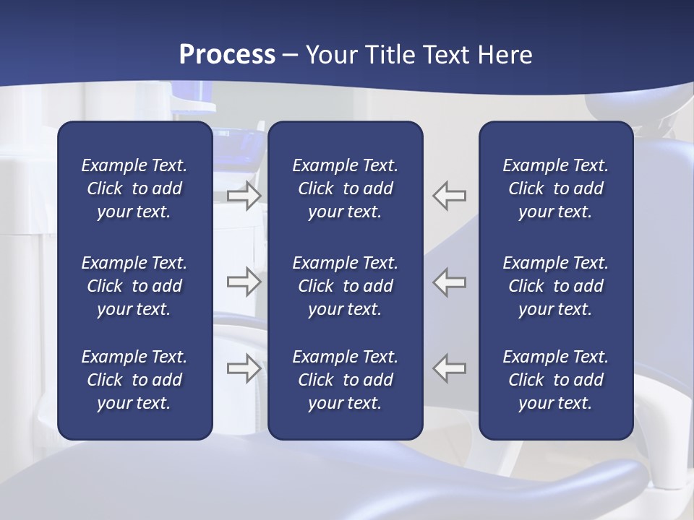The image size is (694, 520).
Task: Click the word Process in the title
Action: click(x=227, y=55)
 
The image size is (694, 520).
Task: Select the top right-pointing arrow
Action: click(x=244, y=196)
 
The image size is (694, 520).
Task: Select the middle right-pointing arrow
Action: click(x=244, y=282)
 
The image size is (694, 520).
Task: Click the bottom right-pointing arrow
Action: click(x=244, y=368)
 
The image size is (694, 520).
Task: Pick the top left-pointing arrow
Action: click(x=450, y=196)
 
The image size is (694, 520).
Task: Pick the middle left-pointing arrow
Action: click(x=450, y=282)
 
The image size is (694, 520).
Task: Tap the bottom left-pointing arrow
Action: click(x=450, y=368)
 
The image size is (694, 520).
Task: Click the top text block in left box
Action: click(x=134, y=188)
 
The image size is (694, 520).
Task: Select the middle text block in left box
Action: click(x=134, y=286)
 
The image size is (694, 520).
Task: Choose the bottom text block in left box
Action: click(x=134, y=380)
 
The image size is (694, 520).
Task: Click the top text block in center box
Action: click(x=345, y=188)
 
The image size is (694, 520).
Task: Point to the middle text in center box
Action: click(x=345, y=286)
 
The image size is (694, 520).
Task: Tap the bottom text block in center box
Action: click(x=345, y=380)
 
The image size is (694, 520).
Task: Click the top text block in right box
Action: click(x=555, y=188)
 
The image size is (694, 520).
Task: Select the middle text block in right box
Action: click(x=555, y=286)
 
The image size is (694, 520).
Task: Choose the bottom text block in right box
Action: click(x=555, y=380)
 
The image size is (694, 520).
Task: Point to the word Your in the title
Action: click(x=329, y=55)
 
